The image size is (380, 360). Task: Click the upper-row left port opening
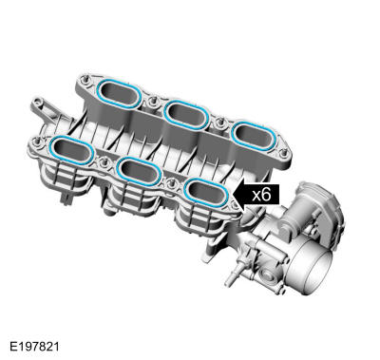pyautogui.click(x=120, y=93)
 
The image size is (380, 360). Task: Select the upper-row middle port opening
pyautogui.click(x=186, y=115)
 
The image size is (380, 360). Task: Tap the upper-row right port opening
pyautogui.click(x=255, y=137)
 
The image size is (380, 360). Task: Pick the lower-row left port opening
pyautogui.click(x=72, y=150)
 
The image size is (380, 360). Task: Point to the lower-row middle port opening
pyautogui.click(x=139, y=171)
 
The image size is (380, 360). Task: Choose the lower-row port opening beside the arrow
pyautogui.click(x=206, y=193)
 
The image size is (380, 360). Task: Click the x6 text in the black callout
pyautogui.click(x=261, y=196)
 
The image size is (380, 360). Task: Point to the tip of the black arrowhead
pyautogui.click(x=233, y=196)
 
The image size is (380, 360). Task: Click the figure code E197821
pyautogui.click(x=34, y=346)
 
